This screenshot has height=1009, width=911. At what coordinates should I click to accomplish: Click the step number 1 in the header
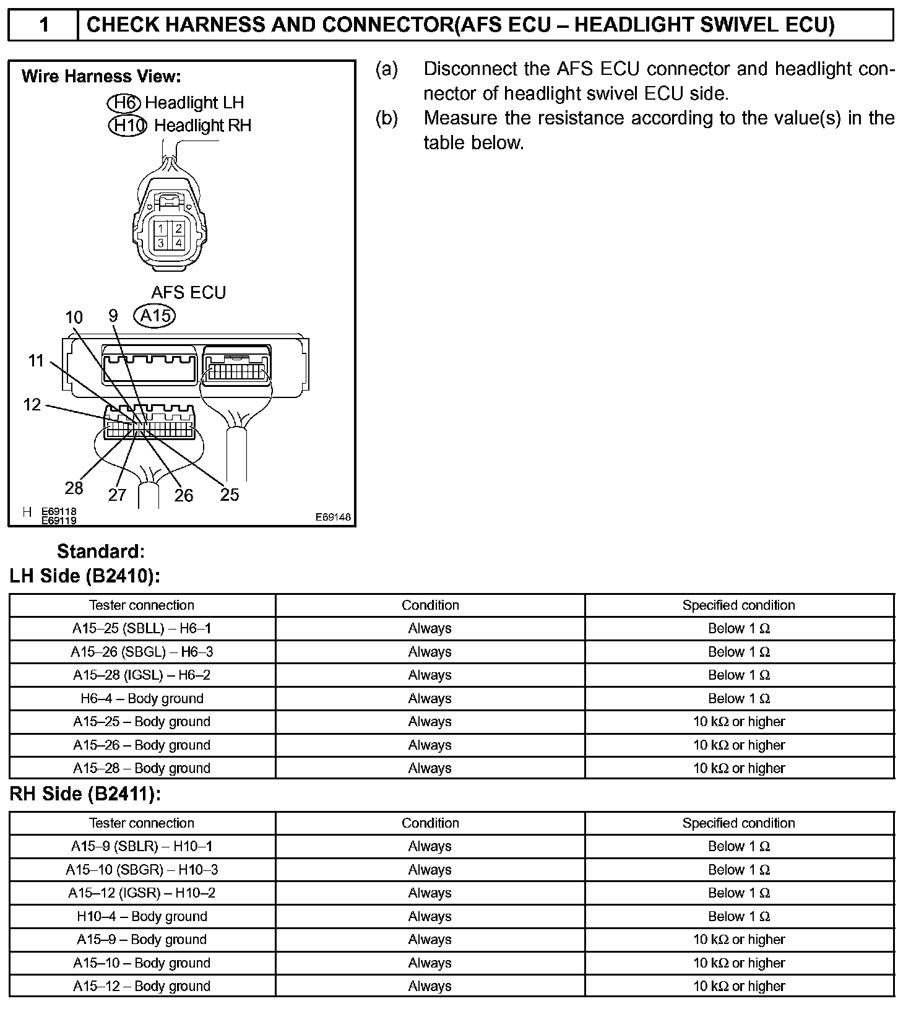tap(43, 25)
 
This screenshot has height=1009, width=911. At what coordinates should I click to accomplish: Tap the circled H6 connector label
tap(124, 102)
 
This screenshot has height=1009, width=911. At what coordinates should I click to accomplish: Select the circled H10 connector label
tap(127, 126)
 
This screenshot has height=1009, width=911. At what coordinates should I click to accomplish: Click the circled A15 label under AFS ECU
tap(155, 316)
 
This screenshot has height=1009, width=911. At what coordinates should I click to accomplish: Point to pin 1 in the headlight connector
tap(161, 229)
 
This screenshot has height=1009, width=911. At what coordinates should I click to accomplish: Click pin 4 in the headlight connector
tap(178, 243)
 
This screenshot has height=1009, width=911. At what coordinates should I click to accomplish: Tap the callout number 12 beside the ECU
tap(32, 405)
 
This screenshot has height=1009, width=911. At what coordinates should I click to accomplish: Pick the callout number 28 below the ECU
tap(74, 488)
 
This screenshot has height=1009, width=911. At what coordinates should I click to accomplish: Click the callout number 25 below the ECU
tap(229, 495)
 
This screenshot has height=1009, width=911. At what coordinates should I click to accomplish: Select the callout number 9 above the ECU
tap(113, 316)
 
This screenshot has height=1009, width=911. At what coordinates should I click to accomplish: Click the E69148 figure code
tap(333, 517)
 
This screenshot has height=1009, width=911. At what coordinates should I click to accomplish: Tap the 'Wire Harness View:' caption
tap(101, 77)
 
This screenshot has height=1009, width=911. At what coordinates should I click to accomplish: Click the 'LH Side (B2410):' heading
tap(85, 576)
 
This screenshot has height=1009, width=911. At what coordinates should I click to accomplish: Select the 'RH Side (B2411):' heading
tap(85, 794)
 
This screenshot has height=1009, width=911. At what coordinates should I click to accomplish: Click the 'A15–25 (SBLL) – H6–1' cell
tap(142, 629)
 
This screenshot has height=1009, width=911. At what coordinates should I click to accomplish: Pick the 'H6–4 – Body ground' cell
tap(142, 699)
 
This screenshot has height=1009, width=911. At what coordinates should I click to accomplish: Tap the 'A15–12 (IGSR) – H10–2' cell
tap(142, 893)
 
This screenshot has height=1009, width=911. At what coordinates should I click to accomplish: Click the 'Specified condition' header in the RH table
tap(738, 823)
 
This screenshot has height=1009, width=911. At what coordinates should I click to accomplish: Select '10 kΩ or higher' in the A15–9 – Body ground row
tap(738, 940)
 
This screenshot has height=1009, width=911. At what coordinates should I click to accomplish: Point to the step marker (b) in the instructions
tap(387, 118)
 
